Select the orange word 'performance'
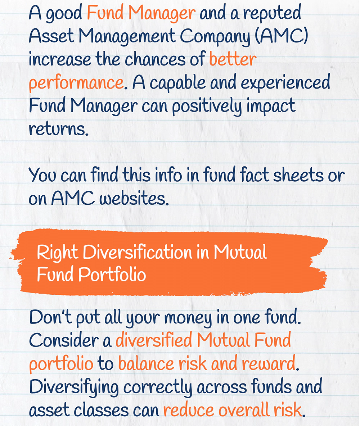pos(76,83)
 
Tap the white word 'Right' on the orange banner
pos(57,253)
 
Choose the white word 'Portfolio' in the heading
pos(112,275)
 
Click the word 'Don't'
pos(50,317)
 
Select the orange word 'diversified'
pos(154,340)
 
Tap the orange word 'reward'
pos(269,363)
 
